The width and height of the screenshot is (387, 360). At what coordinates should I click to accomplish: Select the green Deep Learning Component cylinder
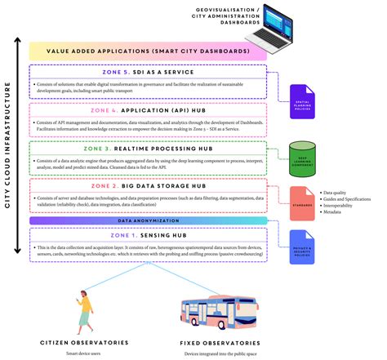coord(302,157)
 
